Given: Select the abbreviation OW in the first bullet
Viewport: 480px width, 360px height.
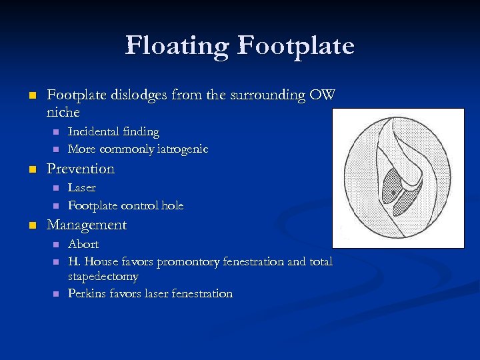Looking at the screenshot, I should coord(321,95).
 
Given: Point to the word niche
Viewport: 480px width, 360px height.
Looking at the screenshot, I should coord(63,112).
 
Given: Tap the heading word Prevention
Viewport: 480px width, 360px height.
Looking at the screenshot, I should coord(81,169).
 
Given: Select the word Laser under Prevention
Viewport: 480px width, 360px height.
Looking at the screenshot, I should coord(82,188).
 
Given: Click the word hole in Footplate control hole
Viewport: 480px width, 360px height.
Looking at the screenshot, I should coord(171,205).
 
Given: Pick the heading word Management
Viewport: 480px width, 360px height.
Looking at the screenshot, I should coord(87,225).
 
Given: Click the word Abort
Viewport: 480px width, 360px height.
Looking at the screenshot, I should coord(83,244).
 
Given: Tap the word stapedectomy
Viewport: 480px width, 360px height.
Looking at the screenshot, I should coord(103,276).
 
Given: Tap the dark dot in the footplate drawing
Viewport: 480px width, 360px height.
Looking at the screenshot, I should coord(395,193).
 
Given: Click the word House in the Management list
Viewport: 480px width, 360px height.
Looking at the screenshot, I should coord(101,261).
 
